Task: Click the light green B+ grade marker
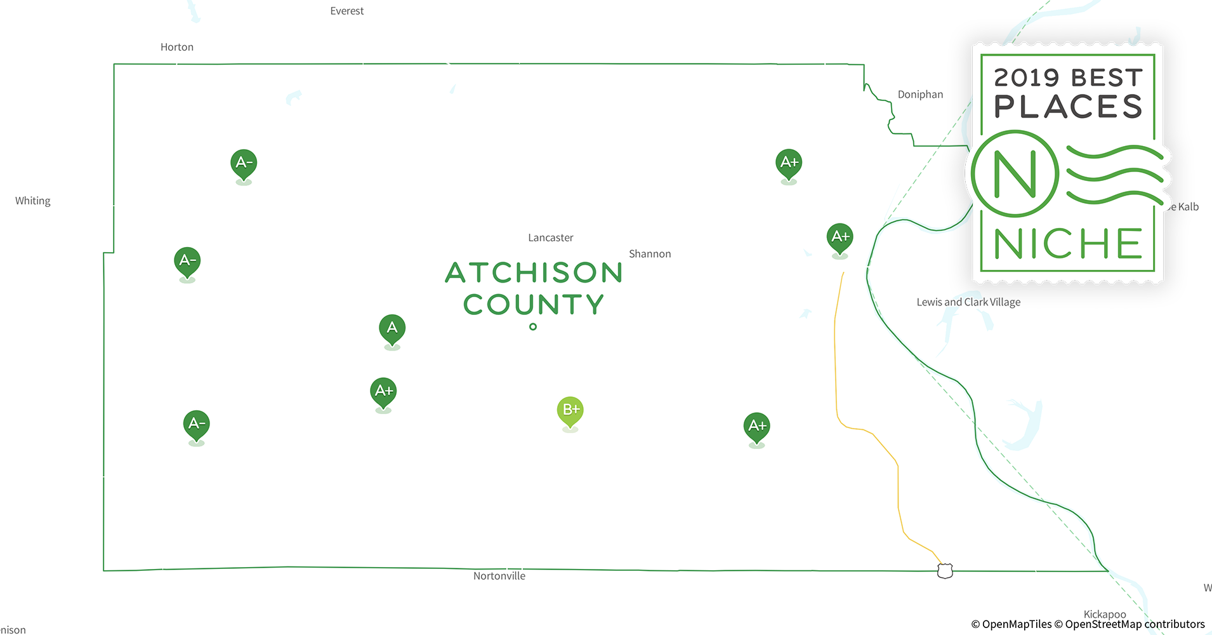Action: (570, 410)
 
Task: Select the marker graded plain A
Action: (392, 328)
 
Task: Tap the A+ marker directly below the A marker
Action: (383, 391)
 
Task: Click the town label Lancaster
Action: (550, 237)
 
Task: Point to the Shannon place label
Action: (649, 254)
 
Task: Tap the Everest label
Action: (346, 11)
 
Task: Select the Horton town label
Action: (176, 47)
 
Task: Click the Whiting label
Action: (32, 201)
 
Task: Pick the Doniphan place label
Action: (919, 95)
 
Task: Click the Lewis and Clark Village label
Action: (968, 302)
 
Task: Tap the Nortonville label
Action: (499, 576)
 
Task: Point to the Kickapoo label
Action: (1104, 614)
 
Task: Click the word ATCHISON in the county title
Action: (533, 272)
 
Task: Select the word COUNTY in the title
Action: (533, 304)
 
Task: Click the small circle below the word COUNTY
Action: (533, 326)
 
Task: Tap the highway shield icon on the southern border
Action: (945, 570)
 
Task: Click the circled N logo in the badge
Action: (1015, 173)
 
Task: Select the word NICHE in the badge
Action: (1068, 244)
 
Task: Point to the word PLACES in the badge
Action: (1068, 107)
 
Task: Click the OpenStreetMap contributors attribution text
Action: (1134, 624)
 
